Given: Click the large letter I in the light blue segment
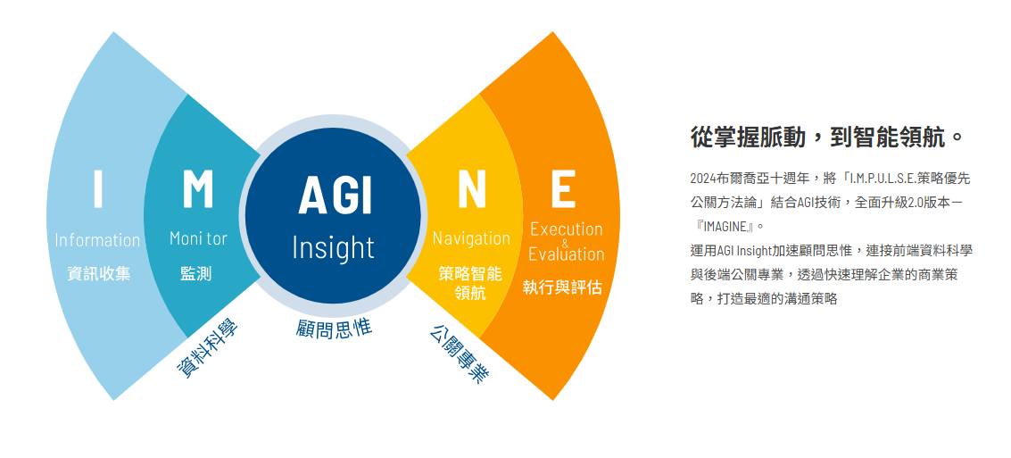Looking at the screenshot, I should coord(98,187).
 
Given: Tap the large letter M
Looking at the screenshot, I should coord(198,187).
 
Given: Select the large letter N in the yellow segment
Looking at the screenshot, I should coord(471,188).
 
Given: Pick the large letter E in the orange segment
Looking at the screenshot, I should coord(563,188).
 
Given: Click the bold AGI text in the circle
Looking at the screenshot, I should coord(335,195).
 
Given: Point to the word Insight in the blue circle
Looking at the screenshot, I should coord(334,247).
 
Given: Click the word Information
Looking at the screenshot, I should coord(97,240).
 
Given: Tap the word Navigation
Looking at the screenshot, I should coord(471,238).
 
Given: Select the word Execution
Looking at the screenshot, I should coord(566,229).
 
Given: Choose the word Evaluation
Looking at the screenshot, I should coord(566,254).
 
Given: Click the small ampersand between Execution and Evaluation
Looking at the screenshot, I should coord(565,242).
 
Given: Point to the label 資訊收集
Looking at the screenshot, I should coord(98,273).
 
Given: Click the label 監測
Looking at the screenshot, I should coord(196,273).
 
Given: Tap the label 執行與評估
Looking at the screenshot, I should coord(562,287).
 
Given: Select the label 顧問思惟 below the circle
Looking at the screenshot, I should coord(334,328).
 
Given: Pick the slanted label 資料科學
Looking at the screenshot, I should coord(207,349).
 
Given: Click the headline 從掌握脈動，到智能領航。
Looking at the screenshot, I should coord(827,137).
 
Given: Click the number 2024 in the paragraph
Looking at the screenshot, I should coord(703,179).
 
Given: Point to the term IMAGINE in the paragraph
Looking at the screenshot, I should coord(724,226).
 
